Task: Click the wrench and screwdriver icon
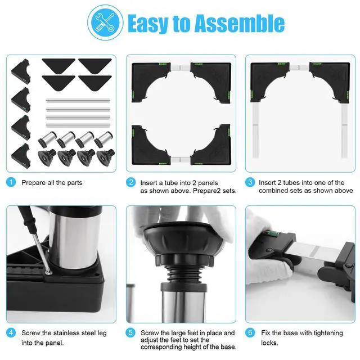click(x=105, y=22)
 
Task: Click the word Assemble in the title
click(x=240, y=23)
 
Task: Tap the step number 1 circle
click(x=11, y=182)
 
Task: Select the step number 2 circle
click(x=130, y=182)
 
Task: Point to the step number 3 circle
click(x=250, y=182)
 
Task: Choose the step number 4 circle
click(x=11, y=332)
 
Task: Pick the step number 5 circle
click(x=130, y=332)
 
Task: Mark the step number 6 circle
click(x=250, y=332)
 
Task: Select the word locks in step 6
click(x=269, y=343)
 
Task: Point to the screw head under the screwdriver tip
click(x=48, y=273)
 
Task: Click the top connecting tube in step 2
click(x=181, y=67)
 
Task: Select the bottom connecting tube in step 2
click(x=181, y=160)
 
